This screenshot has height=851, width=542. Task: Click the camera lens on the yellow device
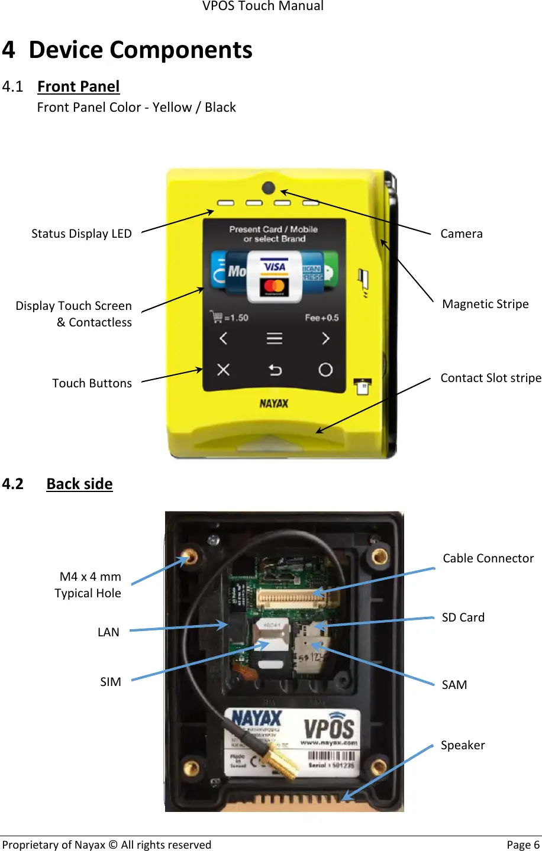[268, 188]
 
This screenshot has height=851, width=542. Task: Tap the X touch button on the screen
[223, 370]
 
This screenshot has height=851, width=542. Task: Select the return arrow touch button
[275, 370]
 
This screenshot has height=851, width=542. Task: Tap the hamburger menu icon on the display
[274, 338]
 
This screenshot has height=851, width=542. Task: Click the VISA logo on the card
[275, 267]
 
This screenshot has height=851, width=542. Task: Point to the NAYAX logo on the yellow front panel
[274, 403]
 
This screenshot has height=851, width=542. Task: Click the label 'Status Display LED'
[82, 234]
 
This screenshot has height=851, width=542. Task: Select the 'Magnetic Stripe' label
[485, 304]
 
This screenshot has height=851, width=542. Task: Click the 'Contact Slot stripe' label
[491, 378]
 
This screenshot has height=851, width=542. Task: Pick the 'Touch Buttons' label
[92, 383]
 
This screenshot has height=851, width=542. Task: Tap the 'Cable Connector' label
[488, 558]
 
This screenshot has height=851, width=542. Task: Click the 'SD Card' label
[463, 617]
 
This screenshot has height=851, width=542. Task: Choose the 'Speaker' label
[463, 745]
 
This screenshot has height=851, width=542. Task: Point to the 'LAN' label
[108, 632]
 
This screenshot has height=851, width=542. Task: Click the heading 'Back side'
[79, 484]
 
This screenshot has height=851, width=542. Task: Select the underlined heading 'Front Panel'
[78, 86]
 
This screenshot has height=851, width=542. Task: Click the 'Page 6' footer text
[522, 844]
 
